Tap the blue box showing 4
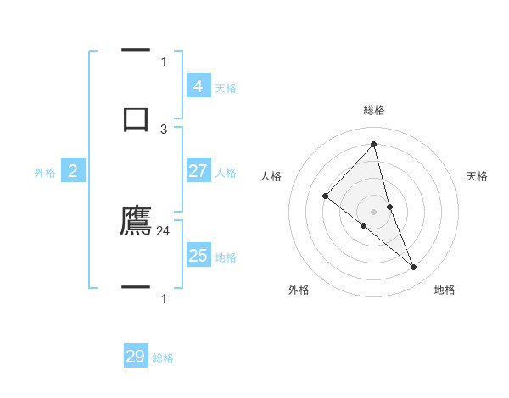198,86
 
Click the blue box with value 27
198,171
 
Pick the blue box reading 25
198,256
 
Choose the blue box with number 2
73,171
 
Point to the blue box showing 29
136,357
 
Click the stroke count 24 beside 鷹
164,230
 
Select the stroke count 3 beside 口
164,129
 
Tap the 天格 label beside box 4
226,88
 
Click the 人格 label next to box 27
226,173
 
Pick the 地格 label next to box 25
226,257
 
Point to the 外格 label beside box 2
45,173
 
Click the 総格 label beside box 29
164,358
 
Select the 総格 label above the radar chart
373,110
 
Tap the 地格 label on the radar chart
445,290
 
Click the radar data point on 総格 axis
373,143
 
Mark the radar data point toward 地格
414,268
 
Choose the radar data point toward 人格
325,196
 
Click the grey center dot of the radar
373,211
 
